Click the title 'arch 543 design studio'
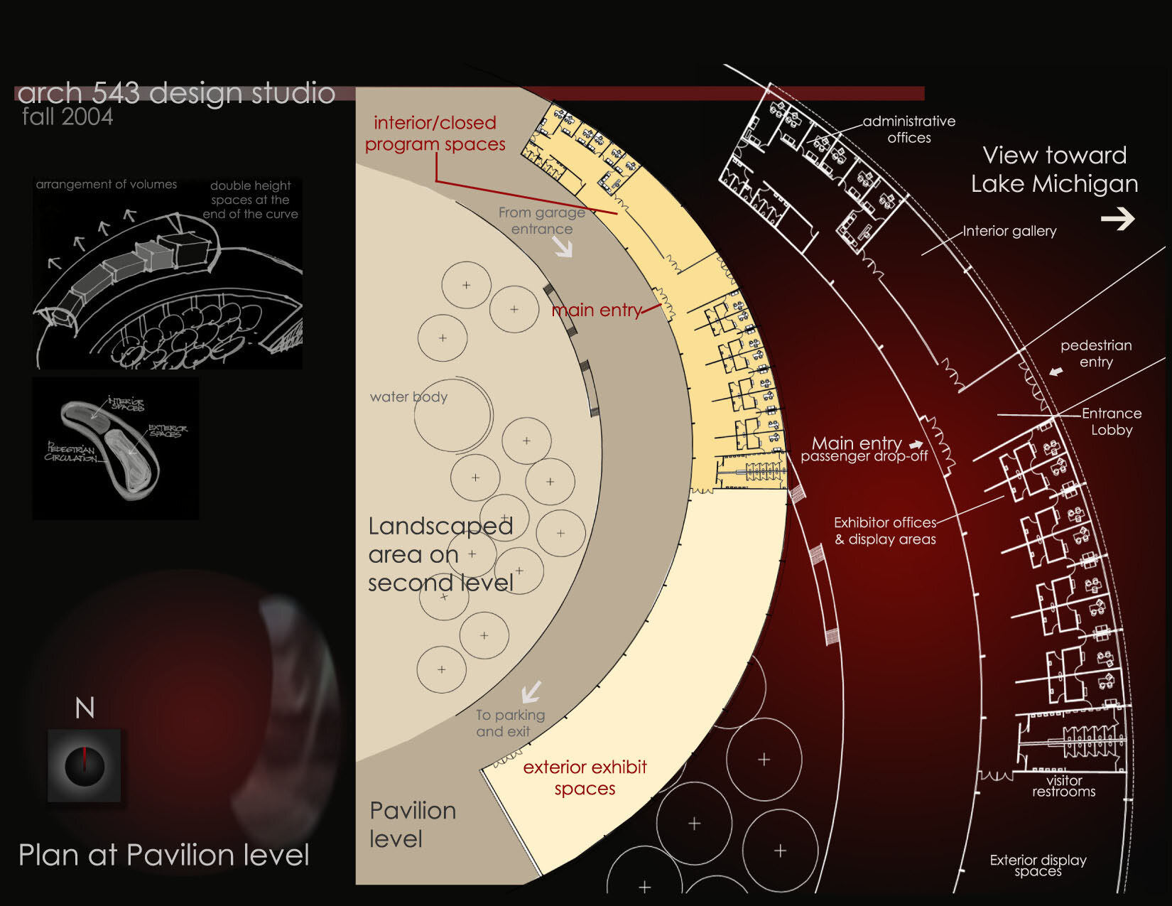(x=175, y=93)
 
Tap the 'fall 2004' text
(x=67, y=117)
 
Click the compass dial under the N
(x=85, y=765)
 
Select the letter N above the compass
(x=85, y=708)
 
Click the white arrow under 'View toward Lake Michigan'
(x=1117, y=219)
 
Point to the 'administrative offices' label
(x=909, y=129)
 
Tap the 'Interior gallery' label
(x=1009, y=231)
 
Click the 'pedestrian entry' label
(x=1096, y=353)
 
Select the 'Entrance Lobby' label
(x=1112, y=421)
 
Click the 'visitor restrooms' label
(x=1063, y=786)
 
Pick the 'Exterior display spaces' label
(x=1038, y=865)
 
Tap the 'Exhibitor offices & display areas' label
(x=885, y=531)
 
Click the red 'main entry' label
(x=597, y=310)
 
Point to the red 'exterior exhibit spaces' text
(x=585, y=777)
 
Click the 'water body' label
(x=408, y=397)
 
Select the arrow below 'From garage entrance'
(x=563, y=247)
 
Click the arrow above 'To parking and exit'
(x=531, y=691)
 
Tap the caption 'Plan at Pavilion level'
(x=163, y=855)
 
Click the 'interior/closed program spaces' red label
(x=435, y=134)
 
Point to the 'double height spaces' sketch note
(x=251, y=200)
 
